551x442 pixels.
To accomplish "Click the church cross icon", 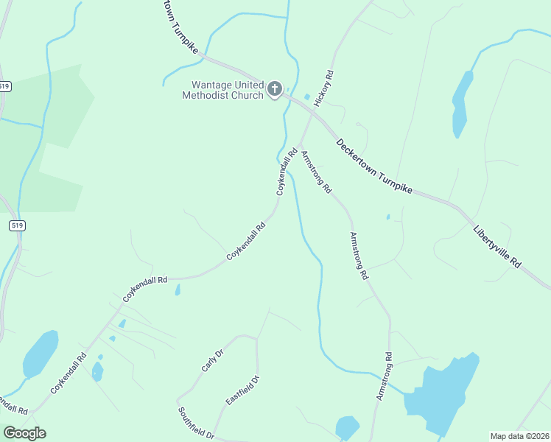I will click(274, 90).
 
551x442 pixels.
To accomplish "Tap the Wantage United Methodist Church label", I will click(223, 90).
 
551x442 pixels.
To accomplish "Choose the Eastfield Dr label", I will click(243, 390).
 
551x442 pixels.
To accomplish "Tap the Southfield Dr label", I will click(195, 423).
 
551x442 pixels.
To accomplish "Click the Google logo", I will click(24, 433).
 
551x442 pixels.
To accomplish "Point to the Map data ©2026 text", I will click(519, 436).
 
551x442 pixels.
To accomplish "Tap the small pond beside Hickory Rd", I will click(306, 97).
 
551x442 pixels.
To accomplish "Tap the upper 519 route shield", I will click(5, 86).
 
